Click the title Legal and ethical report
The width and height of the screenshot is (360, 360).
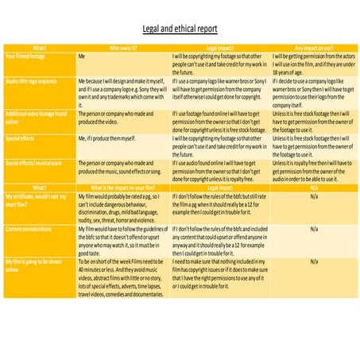(180, 29)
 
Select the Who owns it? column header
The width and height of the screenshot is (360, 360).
(123, 48)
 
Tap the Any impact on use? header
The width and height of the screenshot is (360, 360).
(312, 48)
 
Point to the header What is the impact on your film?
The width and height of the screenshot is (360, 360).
(123, 187)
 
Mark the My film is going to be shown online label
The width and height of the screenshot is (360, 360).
(35, 264)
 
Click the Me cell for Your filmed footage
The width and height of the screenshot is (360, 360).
(82, 58)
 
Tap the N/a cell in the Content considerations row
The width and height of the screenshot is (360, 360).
(312, 228)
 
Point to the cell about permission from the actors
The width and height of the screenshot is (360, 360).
(312, 67)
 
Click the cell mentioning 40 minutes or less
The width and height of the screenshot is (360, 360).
(123, 280)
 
